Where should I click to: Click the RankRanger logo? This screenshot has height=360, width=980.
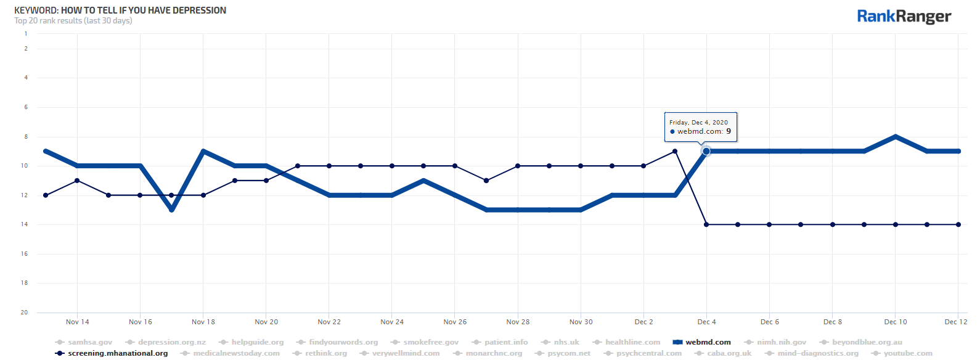[x=904, y=17]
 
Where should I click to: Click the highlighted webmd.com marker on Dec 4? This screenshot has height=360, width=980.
[x=706, y=151]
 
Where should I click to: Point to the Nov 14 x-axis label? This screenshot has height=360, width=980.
[x=78, y=322]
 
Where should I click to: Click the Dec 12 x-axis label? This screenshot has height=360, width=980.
[x=956, y=322]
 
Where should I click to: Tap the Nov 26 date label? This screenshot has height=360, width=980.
[x=455, y=322]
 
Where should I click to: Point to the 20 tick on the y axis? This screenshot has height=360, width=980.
[x=25, y=313]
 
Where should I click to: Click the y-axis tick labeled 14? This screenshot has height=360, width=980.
[x=25, y=224]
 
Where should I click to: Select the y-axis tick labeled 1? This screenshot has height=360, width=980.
[x=26, y=34]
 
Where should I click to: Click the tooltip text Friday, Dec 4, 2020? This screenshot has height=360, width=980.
[x=698, y=122]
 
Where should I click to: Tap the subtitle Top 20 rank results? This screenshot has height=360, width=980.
[x=48, y=21]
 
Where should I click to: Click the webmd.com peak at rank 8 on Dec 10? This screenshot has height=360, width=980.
[x=896, y=136]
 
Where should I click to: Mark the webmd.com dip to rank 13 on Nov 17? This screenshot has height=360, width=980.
[x=172, y=210]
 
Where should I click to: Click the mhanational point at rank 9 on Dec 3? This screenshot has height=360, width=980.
[x=675, y=151]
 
